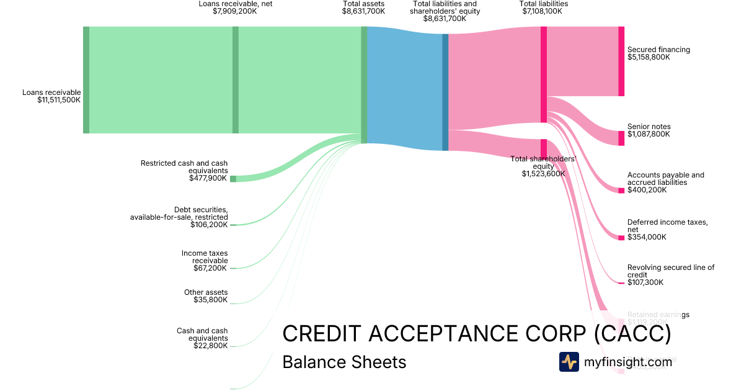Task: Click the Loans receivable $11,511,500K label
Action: click(51, 96)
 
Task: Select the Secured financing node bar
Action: click(621, 61)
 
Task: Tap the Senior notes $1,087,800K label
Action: click(649, 130)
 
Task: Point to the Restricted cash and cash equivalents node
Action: click(233, 179)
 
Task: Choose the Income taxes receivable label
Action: click(205, 261)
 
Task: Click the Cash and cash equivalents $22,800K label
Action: click(202, 338)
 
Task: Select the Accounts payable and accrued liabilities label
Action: click(665, 182)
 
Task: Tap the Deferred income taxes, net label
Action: click(658, 229)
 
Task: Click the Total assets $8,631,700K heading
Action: click(363, 7)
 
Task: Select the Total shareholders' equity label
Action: click(543, 166)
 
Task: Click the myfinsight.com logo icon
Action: click(569, 362)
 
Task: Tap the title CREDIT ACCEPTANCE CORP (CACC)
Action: click(476, 334)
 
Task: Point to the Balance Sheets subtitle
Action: click(344, 362)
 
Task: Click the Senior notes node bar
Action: click(621, 138)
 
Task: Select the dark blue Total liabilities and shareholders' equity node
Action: click(445, 92)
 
